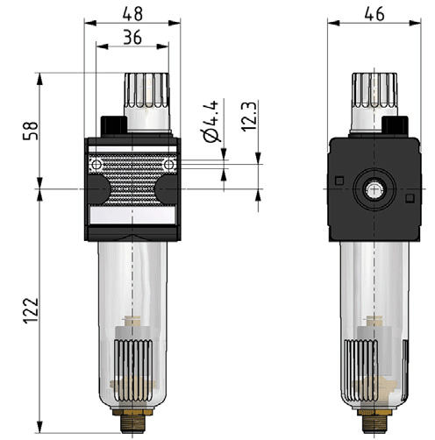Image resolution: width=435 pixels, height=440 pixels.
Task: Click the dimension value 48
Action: (132, 14)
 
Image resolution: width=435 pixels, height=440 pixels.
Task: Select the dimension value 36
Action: (132, 38)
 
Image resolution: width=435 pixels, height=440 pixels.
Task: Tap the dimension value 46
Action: (374, 14)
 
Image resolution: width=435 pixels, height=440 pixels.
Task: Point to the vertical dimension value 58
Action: (31, 131)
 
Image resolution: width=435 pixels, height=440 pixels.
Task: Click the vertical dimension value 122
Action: (31, 310)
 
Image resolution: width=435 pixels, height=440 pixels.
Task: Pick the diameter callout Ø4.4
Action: (211, 121)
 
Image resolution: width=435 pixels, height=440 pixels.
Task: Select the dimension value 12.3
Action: (249, 116)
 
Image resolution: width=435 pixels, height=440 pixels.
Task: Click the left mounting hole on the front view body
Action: (96, 165)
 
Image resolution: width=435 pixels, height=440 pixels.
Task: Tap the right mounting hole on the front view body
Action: (169, 165)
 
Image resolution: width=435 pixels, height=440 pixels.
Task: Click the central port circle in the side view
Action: (374, 189)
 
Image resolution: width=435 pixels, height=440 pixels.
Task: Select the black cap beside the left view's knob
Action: (114, 126)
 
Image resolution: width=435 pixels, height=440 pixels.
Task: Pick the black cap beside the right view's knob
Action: (395, 125)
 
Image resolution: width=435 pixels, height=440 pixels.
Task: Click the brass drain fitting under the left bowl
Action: (132, 421)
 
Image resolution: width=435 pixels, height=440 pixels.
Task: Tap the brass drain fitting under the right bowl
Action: (374, 421)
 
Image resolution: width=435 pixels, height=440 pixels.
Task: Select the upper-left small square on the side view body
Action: (339, 181)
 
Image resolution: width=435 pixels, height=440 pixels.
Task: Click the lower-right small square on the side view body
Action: (410, 198)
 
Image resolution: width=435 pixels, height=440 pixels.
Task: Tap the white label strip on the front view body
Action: (132, 216)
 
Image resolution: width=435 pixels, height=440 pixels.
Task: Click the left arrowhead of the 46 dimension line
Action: (333, 23)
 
